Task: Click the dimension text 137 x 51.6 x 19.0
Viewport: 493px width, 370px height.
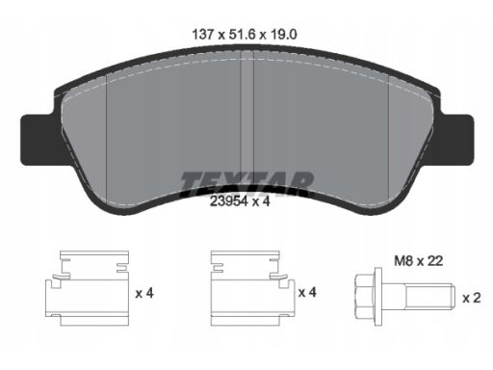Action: [245, 34]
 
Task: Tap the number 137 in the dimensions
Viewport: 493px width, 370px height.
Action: [202, 34]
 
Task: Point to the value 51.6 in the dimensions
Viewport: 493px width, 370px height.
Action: [242, 34]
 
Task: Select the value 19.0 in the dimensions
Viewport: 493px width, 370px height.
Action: [284, 34]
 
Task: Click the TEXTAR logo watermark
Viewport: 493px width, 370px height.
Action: [246, 184]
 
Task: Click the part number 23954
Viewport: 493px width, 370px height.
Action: [229, 201]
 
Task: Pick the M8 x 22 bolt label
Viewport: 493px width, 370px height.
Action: [419, 261]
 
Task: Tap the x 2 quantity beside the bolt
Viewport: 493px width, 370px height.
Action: [472, 298]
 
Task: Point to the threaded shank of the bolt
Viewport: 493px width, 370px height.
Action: [429, 297]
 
